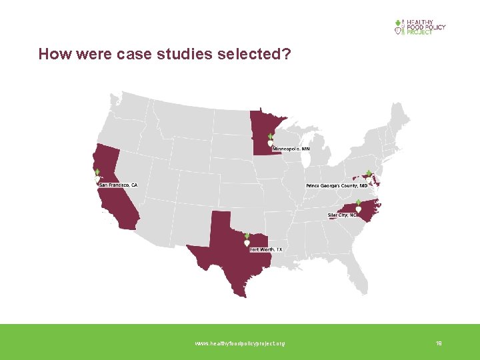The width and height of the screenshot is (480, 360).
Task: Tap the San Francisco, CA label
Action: coord(119,185)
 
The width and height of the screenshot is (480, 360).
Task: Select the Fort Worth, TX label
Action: coord(266,249)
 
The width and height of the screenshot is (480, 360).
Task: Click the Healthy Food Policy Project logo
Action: coord(420,27)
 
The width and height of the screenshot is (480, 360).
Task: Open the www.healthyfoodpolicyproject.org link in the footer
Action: coord(239,343)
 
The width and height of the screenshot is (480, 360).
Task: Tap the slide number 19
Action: coord(439,343)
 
